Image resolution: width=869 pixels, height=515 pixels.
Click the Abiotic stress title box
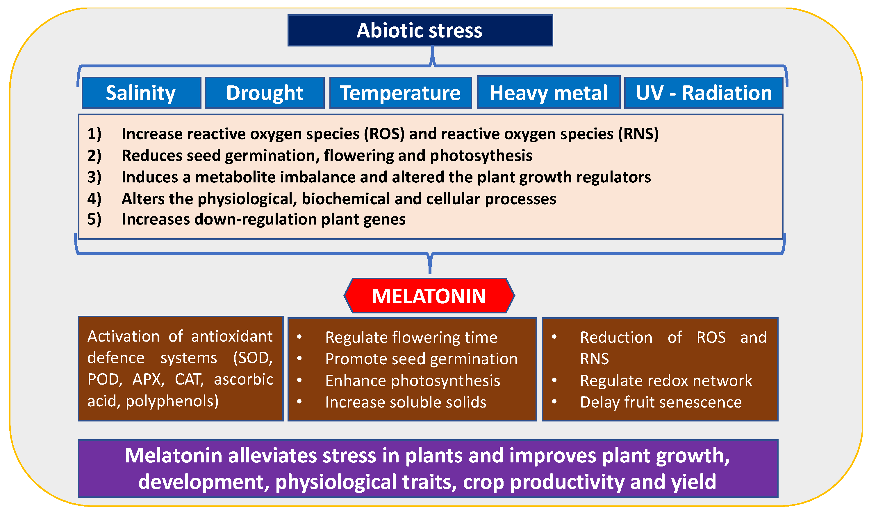420,30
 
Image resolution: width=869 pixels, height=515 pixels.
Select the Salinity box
141,93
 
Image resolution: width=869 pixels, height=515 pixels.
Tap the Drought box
265,93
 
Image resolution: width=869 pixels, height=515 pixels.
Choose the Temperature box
400,93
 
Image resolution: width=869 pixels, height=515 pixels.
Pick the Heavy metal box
549,92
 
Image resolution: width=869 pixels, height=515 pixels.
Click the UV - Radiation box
704,93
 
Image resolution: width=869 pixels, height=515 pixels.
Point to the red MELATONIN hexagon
429,296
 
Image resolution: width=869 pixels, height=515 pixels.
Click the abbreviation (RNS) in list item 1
638,134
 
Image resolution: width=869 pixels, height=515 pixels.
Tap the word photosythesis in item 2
481,156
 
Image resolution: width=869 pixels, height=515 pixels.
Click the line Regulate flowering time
411,338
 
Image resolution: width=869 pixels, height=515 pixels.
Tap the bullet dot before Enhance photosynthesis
299,380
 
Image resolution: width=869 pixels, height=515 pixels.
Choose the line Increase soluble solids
406,402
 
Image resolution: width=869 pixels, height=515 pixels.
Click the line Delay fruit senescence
661,403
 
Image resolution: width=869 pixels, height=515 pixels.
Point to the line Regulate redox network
666,381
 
